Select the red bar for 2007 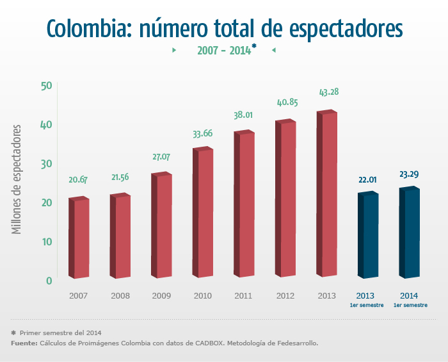coord(79,238)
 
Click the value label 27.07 coord(162,156)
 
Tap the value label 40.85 coord(286,103)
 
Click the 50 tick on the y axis coord(45,86)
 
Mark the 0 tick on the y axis coord(49,281)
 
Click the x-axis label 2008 coord(120,296)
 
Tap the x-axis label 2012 coord(285,296)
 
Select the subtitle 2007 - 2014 coord(223,51)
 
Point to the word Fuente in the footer coord(24,343)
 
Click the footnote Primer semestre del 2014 coord(60,333)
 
